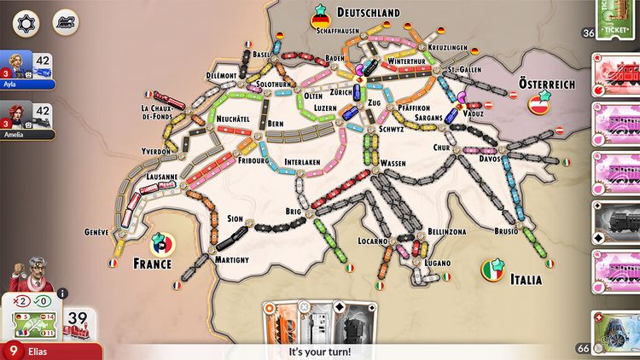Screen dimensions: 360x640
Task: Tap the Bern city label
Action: [275, 124]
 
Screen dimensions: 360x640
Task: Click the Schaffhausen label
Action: [335, 30]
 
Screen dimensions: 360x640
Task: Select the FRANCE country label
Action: [153, 264]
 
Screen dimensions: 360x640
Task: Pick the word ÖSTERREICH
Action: [547, 85]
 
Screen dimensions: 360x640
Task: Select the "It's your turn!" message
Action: [319, 351]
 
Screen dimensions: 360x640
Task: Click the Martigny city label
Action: [232, 259]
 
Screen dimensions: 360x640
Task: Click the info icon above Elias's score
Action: [62, 293]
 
